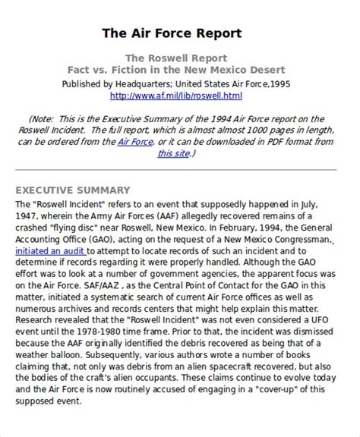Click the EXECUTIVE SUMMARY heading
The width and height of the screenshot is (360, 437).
pyautogui.click(x=73, y=190)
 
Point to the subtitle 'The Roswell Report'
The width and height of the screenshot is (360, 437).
pyautogui.click(x=175, y=57)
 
